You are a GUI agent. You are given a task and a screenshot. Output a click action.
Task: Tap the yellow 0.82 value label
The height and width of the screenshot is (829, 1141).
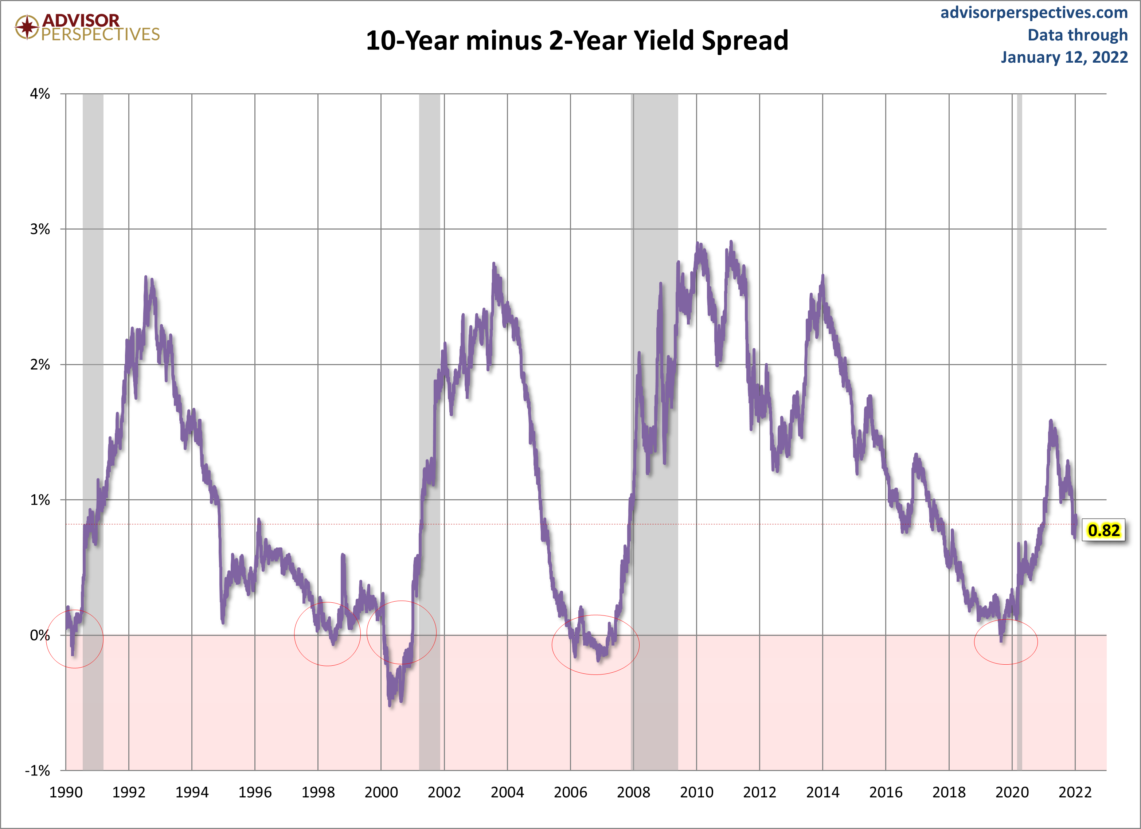click(x=1103, y=530)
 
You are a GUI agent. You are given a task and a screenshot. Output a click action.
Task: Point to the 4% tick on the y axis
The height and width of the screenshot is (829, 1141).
click(x=40, y=94)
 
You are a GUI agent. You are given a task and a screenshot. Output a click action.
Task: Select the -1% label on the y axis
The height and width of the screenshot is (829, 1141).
click(x=38, y=770)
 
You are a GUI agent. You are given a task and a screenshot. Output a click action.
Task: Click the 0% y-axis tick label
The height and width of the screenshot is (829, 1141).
click(x=40, y=636)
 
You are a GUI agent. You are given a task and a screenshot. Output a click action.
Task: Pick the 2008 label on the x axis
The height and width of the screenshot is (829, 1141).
click(x=633, y=792)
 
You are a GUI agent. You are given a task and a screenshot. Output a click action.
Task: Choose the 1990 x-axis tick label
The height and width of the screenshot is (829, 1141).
click(x=66, y=792)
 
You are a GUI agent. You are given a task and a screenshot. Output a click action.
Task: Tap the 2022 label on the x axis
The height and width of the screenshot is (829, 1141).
click(x=1075, y=792)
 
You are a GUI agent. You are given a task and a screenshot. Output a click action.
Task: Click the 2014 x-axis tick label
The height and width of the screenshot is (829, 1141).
click(x=822, y=792)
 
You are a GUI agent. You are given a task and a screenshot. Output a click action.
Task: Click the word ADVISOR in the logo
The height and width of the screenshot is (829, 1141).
click(x=81, y=20)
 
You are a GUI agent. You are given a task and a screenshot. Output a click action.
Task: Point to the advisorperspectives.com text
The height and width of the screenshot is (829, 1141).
click(x=1034, y=13)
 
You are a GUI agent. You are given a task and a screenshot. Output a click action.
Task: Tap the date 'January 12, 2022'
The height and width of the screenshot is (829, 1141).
click(x=1064, y=57)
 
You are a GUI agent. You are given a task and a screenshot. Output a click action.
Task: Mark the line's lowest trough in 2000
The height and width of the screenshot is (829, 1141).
click(x=390, y=705)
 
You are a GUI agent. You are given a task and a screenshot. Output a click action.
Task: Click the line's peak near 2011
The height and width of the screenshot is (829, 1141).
click(x=731, y=242)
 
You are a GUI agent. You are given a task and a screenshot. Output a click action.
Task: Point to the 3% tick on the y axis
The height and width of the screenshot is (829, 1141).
click(x=40, y=229)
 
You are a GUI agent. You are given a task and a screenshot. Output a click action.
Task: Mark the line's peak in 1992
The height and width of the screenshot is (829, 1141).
click(x=146, y=277)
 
